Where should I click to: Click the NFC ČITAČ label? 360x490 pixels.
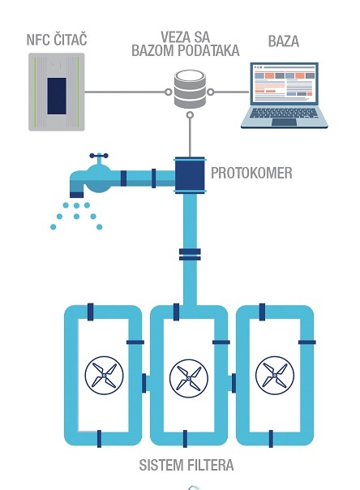coord(57,40)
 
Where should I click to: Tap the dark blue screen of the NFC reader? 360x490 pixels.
coord(57,97)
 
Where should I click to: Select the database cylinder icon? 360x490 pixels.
coord(190,89)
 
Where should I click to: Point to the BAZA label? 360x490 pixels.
coord(284,41)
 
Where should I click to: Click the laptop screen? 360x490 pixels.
coord(284,84)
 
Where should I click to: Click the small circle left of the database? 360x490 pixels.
coord(169,92)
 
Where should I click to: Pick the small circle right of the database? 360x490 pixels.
coord(211,92)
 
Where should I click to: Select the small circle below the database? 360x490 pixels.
coord(190,115)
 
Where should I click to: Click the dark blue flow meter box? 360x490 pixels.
coord(190,175)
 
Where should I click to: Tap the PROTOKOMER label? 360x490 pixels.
coord(251,173)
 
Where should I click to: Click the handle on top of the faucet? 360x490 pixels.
coord(99,156)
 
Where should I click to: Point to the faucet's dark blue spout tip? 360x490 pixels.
coord(76,195)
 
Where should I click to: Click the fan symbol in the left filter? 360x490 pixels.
coord(105,376)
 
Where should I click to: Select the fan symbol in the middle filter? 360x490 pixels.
coord(189,378)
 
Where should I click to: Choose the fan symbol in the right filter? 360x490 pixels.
coord(275,376)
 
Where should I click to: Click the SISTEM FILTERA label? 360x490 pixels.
coord(186,465)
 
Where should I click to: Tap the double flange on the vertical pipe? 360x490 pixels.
coord(190,255)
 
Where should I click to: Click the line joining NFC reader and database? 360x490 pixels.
coord(125,92)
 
